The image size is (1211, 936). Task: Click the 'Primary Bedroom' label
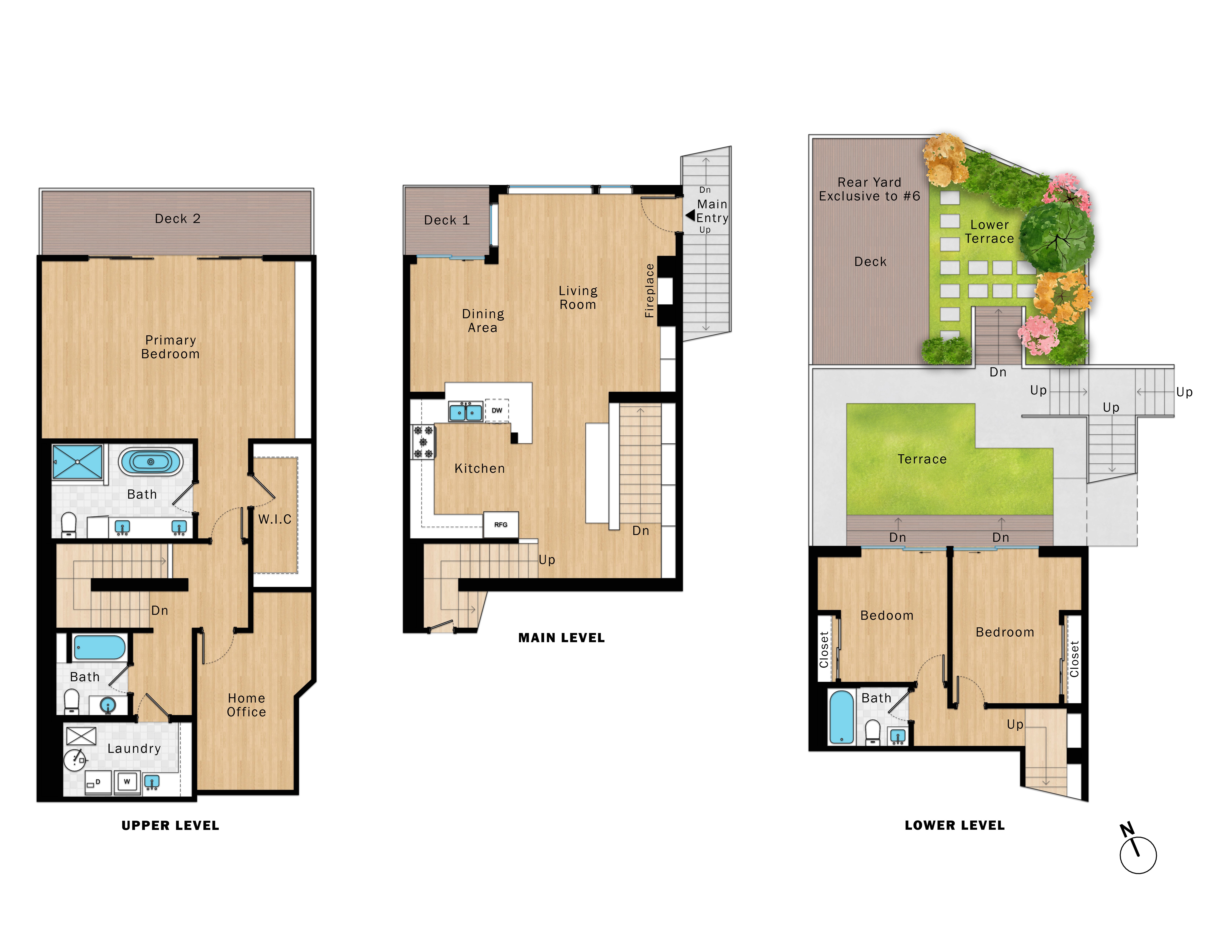click(x=170, y=347)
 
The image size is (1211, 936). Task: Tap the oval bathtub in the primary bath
click(x=150, y=461)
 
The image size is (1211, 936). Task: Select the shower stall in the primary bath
click(x=78, y=461)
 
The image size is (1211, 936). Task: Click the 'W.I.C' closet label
click(x=274, y=520)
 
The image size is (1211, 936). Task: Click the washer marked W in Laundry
click(x=127, y=782)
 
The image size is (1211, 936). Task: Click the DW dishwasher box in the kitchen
click(x=497, y=410)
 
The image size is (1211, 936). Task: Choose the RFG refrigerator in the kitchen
click(x=501, y=525)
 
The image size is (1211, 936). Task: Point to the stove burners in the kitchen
click(x=423, y=442)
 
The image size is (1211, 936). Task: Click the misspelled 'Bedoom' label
click(x=887, y=616)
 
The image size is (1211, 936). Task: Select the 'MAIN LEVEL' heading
click(x=561, y=638)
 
